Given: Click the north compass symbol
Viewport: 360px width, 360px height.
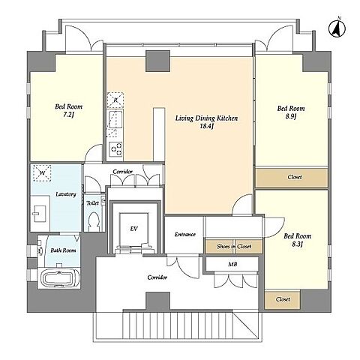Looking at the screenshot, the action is click(x=337, y=28).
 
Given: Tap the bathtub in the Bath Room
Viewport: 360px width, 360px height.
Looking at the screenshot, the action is click(x=58, y=278).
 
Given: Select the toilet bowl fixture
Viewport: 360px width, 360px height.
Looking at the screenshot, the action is click(x=94, y=221).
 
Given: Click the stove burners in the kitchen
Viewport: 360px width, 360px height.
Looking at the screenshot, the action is click(x=115, y=149).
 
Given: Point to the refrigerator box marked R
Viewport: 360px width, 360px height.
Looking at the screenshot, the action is click(x=115, y=100).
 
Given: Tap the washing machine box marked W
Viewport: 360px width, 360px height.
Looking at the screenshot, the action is click(x=42, y=172).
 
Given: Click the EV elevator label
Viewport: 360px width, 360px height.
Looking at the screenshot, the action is click(x=133, y=229).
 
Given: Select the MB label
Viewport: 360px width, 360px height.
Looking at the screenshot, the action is click(x=232, y=264).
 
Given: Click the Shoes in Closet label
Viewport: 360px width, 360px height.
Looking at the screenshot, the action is click(x=234, y=246).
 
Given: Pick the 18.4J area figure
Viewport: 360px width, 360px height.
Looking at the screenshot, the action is click(x=206, y=126).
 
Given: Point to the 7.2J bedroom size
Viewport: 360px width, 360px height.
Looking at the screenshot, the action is click(x=68, y=115).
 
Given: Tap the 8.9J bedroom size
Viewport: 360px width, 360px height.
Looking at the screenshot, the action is click(x=291, y=116).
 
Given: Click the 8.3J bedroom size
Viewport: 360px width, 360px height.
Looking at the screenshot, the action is click(x=297, y=244).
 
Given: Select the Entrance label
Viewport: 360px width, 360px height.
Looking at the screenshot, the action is click(x=185, y=234).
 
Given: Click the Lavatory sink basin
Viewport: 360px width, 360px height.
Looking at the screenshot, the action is click(x=39, y=214).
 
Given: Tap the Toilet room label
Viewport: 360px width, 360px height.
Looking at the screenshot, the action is click(x=92, y=203).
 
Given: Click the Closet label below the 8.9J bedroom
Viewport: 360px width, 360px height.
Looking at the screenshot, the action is click(x=295, y=177).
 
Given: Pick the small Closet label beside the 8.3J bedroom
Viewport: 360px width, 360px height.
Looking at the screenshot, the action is click(x=283, y=299).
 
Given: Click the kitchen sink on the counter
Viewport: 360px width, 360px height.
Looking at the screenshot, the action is click(x=115, y=120).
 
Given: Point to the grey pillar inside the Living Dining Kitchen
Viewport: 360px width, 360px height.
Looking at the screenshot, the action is click(x=157, y=61).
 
